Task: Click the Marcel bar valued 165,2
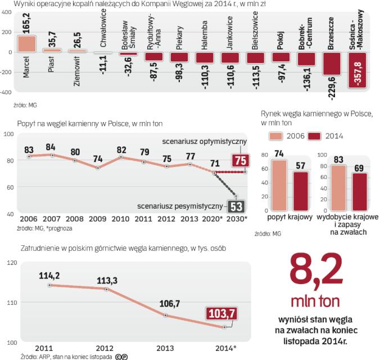click(x=27, y=44)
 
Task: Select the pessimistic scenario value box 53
click(x=235, y=206)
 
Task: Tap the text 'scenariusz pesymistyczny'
click(x=192, y=206)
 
